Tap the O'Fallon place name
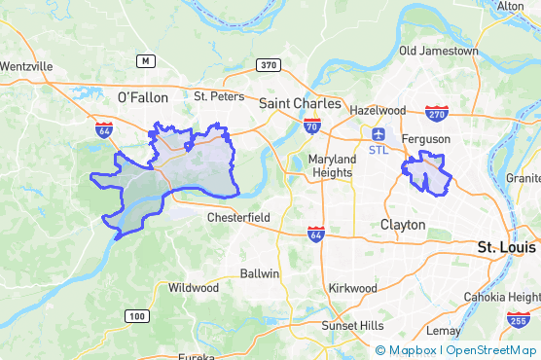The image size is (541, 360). [142, 97]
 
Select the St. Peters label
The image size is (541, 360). [215, 96]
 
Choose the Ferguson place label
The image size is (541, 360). [426, 139]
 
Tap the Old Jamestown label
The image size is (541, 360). [439, 51]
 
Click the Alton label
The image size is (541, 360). [511, 6]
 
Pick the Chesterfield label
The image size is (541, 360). [238, 218]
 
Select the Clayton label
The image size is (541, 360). [403, 224]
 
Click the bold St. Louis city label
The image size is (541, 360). [507, 248]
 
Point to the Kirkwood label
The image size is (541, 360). [352, 288]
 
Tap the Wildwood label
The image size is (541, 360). [194, 288]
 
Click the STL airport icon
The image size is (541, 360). [379, 133]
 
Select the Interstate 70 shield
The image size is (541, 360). [311, 126]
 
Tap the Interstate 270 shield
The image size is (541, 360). [437, 113]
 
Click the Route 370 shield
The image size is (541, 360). [268, 65]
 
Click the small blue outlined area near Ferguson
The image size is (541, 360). [427, 173]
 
